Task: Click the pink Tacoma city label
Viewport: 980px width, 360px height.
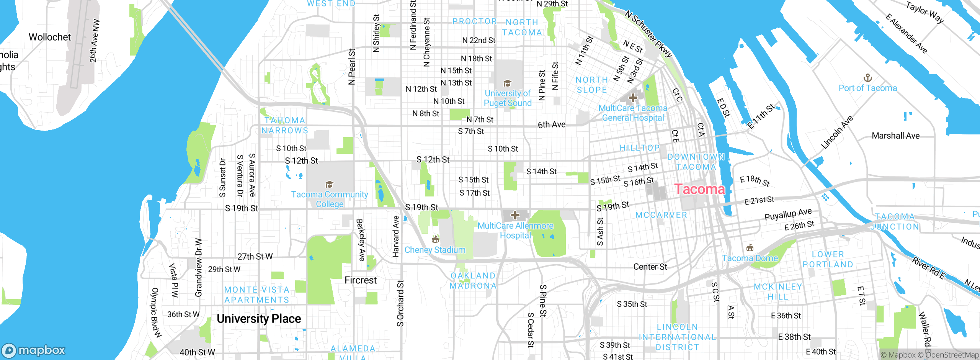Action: [699, 189]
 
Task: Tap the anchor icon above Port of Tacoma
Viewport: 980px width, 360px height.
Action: [867, 78]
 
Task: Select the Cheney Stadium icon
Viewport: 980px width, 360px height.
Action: [434, 239]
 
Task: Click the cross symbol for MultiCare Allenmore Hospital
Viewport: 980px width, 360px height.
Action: [515, 215]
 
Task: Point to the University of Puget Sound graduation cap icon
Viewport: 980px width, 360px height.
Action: [507, 83]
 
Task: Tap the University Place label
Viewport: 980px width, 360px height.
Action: [258, 319]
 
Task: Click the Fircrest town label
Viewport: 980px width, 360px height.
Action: [360, 280]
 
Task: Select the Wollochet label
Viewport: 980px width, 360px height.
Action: [50, 37]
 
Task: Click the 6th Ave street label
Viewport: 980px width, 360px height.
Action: [551, 124]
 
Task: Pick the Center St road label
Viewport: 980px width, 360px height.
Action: [650, 267]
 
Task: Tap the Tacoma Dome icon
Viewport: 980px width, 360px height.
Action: [750, 247]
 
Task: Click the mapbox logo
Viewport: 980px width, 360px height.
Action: [34, 350]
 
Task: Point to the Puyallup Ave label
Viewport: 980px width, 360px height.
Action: [788, 214]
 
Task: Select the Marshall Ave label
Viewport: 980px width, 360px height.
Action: [895, 136]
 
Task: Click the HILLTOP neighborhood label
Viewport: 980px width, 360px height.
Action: [639, 148]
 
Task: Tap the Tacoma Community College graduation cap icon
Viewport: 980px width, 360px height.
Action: [329, 185]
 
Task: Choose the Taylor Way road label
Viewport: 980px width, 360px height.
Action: [924, 12]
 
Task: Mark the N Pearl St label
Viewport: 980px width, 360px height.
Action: [352, 66]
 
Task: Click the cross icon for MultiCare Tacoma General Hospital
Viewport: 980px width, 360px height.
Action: [633, 98]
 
